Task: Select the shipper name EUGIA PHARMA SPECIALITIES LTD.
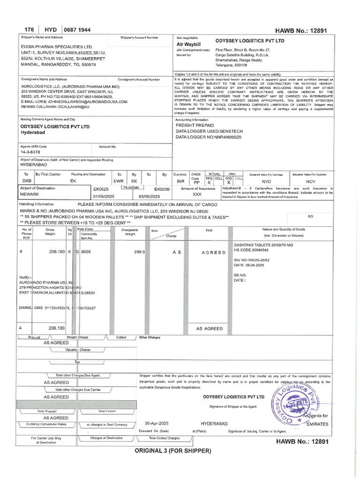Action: click(57, 47)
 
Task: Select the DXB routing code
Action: click(27, 180)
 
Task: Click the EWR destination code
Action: click(119, 180)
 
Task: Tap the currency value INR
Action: click(180, 181)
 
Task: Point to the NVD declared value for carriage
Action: click(266, 181)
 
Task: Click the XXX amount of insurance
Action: click(197, 194)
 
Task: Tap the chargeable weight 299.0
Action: click(140, 252)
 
